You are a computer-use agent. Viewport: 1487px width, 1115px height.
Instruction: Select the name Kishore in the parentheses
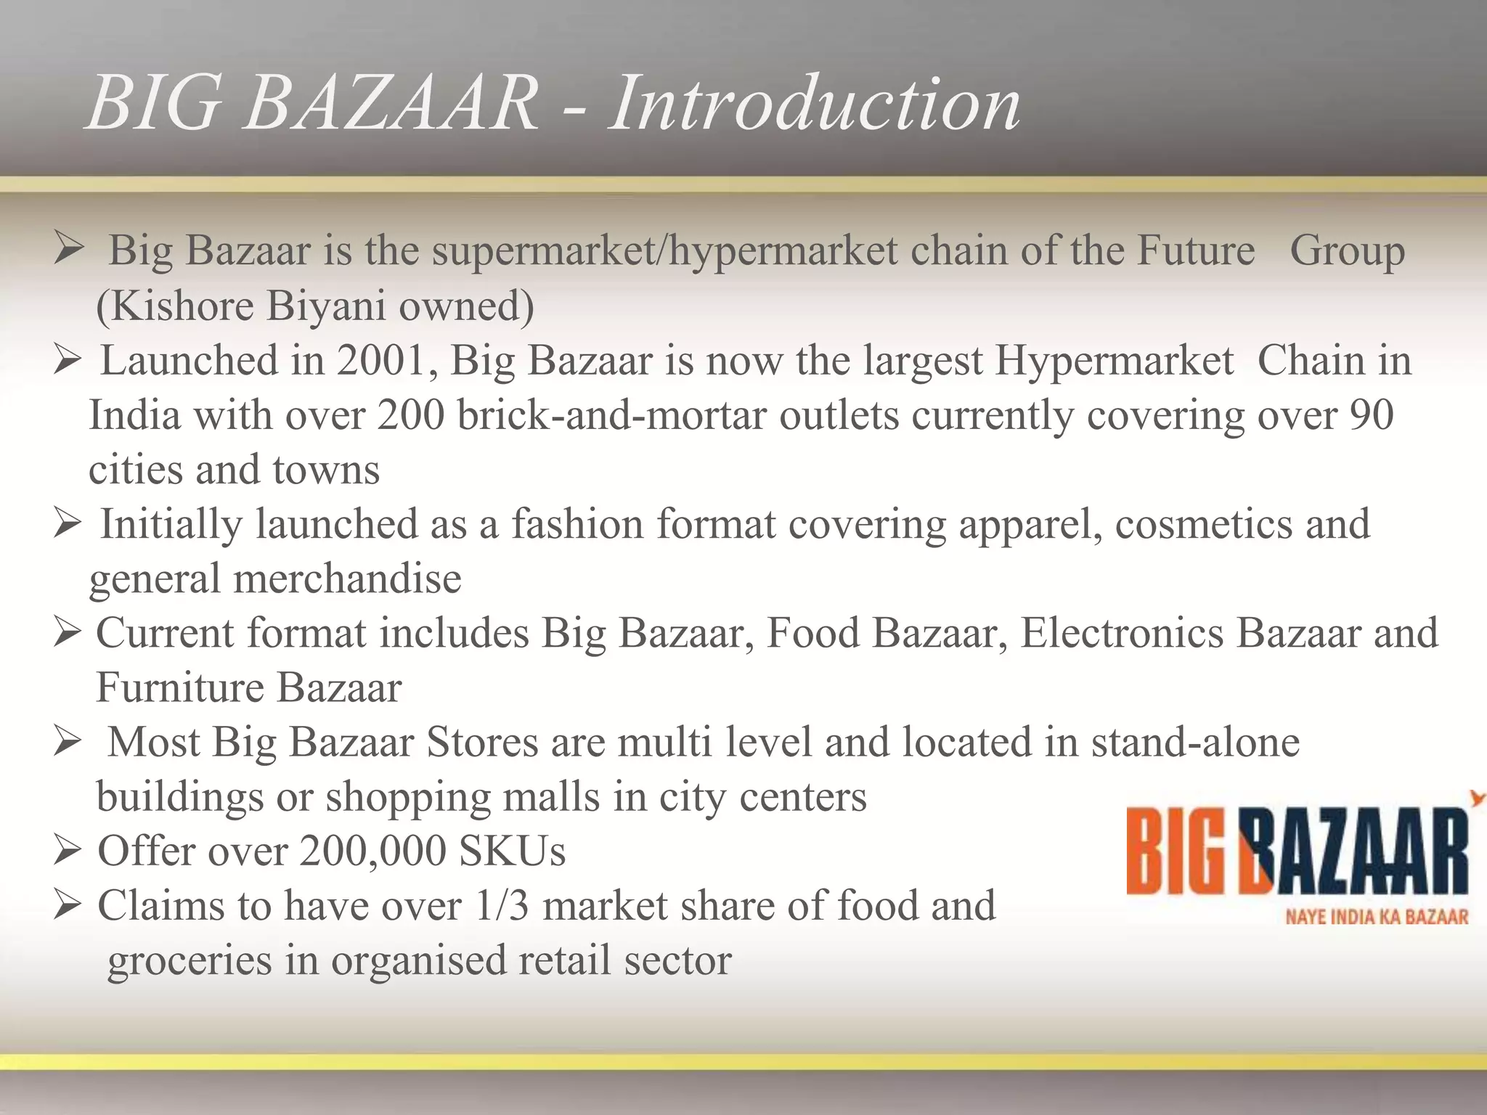(x=182, y=306)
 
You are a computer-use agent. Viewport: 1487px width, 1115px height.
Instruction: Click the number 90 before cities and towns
(x=1372, y=415)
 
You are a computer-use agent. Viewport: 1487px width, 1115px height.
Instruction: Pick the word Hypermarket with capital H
(x=1114, y=361)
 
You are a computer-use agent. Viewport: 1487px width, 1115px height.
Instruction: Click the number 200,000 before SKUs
(x=373, y=851)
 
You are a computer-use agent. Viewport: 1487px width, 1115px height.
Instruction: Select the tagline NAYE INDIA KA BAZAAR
(x=1377, y=917)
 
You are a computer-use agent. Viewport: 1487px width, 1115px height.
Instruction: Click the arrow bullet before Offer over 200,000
(x=67, y=851)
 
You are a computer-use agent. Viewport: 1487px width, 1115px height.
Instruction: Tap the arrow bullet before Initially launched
(x=67, y=524)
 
